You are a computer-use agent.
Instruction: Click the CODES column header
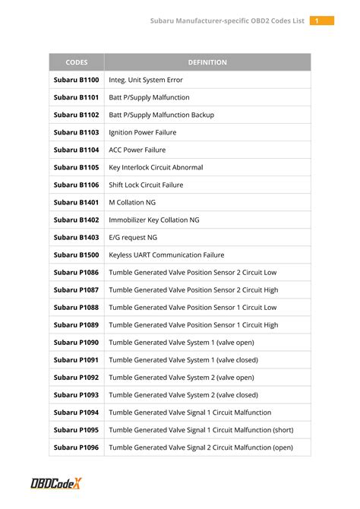pos(76,62)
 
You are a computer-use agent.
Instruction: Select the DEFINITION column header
pos(207,62)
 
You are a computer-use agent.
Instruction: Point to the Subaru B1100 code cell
pos(76,80)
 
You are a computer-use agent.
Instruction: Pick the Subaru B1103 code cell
pos(76,132)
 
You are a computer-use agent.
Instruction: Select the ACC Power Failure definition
pos(137,150)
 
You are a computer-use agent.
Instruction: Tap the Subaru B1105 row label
pos(76,167)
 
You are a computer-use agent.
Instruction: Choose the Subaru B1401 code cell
pos(76,202)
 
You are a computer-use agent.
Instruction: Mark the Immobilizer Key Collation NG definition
pos(154,220)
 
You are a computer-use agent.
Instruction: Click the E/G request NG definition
pos(133,237)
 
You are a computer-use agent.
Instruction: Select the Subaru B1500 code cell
pos(76,254)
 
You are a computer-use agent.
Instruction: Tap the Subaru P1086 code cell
pos(76,272)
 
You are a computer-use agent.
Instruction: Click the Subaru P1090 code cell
pos(76,343)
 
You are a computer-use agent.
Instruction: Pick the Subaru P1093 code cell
pos(76,395)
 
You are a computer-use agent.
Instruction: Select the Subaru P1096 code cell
pos(76,447)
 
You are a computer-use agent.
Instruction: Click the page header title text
pos(227,21)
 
